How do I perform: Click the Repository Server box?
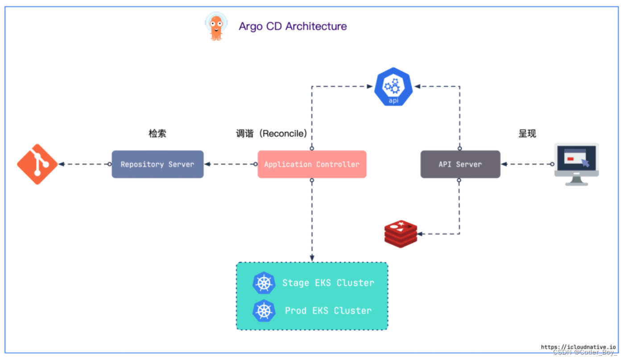(x=157, y=164)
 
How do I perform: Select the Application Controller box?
(x=312, y=164)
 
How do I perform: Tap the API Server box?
(x=460, y=164)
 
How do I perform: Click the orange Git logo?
(x=37, y=164)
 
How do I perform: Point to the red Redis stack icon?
(x=401, y=234)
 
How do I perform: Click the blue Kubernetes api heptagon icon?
(x=393, y=87)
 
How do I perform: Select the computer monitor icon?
(x=576, y=164)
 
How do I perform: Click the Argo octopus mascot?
(x=216, y=26)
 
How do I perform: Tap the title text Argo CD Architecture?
(x=293, y=26)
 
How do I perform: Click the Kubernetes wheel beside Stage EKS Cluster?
(x=264, y=283)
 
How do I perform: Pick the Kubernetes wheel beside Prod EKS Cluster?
(x=264, y=310)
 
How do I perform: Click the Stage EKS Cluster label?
(x=328, y=283)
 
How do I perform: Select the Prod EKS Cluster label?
(x=328, y=310)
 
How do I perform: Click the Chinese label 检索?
(x=157, y=133)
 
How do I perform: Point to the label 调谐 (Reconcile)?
(x=272, y=133)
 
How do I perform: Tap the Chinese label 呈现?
(x=527, y=133)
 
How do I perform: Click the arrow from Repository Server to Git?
(x=85, y=164)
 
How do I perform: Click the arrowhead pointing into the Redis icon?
(x=420, y=234)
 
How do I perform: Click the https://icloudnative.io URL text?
(x=578, y=347)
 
